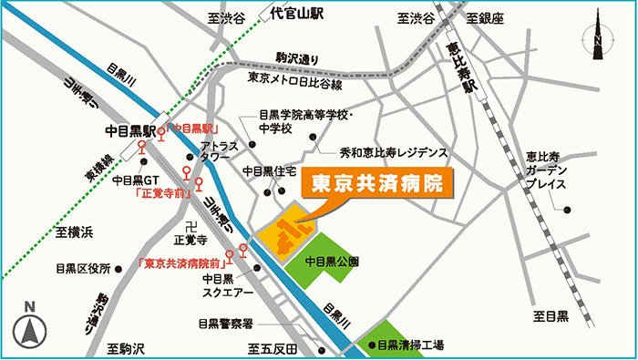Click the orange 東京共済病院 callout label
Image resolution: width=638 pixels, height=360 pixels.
coord(376,181)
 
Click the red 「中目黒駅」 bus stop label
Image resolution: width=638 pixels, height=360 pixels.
coord(194,129)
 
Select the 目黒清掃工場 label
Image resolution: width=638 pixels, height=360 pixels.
coord(410,345)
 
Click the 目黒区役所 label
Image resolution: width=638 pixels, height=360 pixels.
coord(81,269)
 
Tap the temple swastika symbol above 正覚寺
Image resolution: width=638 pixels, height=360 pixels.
coord(190,224)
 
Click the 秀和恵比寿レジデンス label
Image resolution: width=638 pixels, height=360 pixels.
coord(394,152)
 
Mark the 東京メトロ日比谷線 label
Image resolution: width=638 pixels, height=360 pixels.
coord(294,80)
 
